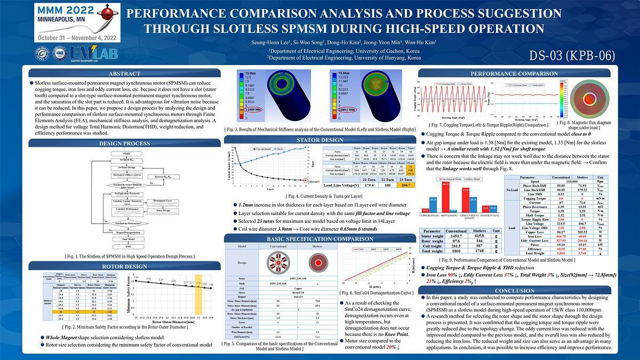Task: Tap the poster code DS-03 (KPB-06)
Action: (x=572, y=55)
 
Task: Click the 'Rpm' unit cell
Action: (x=601, y=182)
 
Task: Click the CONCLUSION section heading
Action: (x=514, y=291)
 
